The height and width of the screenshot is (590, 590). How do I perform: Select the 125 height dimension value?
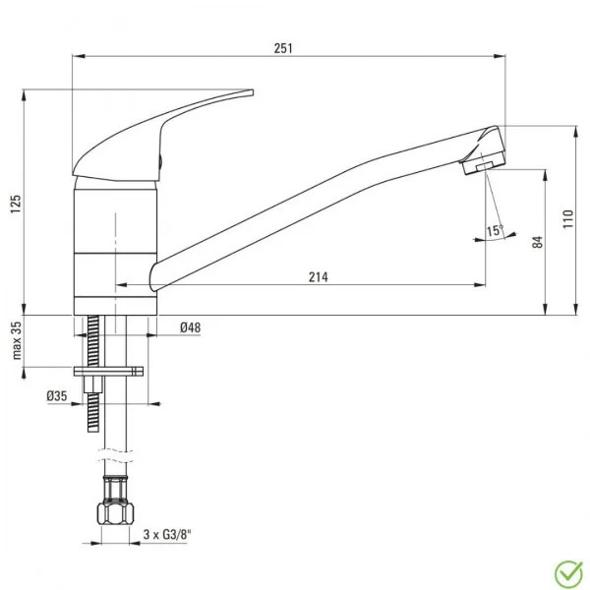pyautogui.click(x=15, y=204)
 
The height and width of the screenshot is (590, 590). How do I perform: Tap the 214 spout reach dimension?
pyautogui.click(x=317, y=277)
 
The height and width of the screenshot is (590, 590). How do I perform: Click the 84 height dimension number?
pyautogui.click(x=537, y=242)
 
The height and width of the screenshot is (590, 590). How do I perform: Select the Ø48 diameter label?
pyautogui.click(x=191, y=328)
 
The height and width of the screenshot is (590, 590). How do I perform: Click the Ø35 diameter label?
pyautogui.click(x=56, y=396)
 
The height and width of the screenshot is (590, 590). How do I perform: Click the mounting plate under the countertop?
pyautogui.click(x=108, y=372)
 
